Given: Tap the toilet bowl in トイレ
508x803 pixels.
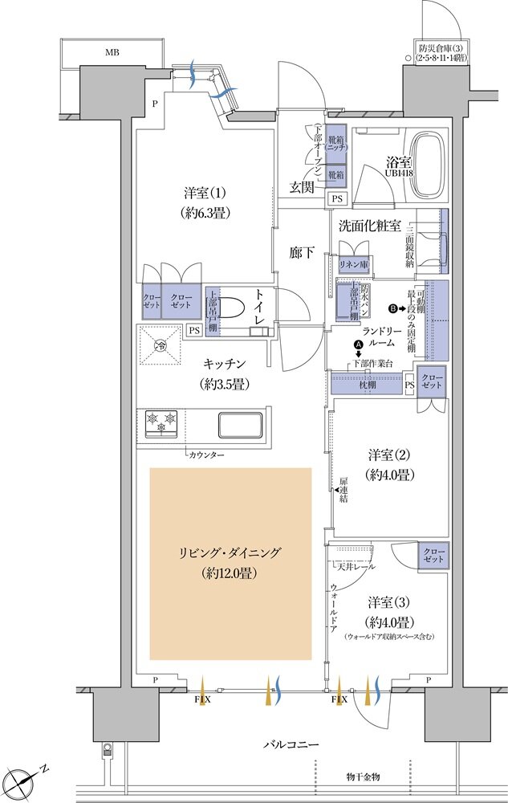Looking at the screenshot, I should tap(234, 310).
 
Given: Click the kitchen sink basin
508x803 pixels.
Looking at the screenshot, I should tap(240, 423).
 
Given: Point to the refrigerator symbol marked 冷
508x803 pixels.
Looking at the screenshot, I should tap(161, 346).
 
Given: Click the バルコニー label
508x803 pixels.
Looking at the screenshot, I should tap(291, 745).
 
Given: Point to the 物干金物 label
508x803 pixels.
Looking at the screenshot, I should tap(366, 777).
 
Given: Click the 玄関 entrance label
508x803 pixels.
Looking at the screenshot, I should tap(302, 187).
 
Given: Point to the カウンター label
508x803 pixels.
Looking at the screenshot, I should tap(207, 454).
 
